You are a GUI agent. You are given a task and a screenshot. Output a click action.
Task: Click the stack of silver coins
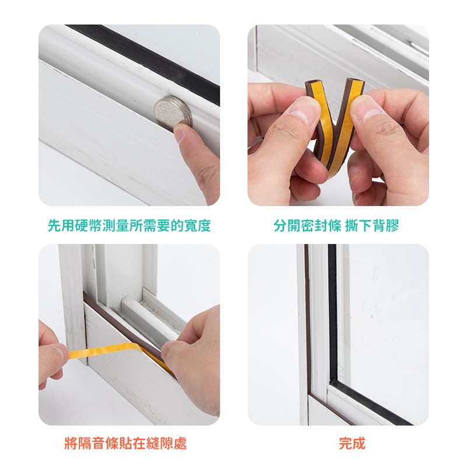(x=173, y=114)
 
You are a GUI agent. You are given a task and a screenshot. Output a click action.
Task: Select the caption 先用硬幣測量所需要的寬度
(x=129, y=225)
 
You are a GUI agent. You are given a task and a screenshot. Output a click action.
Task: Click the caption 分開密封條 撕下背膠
(x=336, y=225)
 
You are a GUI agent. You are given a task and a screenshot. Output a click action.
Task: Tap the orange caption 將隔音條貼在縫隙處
(x=126, y=443)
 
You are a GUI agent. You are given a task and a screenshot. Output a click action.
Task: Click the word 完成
(x=352, y=443)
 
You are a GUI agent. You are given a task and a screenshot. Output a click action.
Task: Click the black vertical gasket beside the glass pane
(x=333, y=313)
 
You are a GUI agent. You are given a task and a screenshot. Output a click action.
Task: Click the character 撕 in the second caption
(x=352, y=225)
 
